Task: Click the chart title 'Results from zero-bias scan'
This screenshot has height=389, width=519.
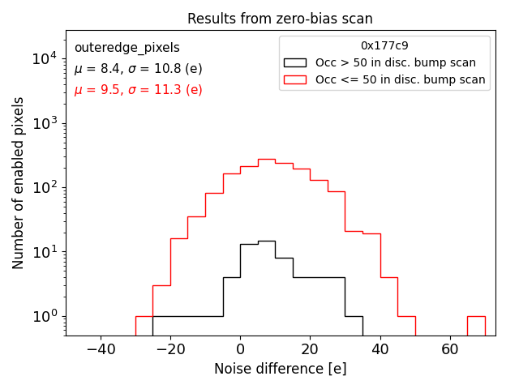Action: [x=280, y=19]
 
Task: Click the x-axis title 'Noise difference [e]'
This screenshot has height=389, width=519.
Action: [x=280, y=369]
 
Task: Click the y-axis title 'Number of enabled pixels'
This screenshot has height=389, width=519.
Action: [x=18, y=183]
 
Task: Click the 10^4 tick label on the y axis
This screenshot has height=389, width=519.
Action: [x=44, y=59]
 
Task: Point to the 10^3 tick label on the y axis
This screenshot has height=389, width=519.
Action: [x=44, y=123]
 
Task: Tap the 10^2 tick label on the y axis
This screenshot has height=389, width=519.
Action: [x=44, y=187]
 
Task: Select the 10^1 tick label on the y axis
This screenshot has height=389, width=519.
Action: [x=44, y=252]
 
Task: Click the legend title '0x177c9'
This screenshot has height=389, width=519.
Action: [x=384, y=46]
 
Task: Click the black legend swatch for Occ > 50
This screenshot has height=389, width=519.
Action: [x=296, y=62]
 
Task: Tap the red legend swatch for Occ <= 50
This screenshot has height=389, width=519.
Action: [x=296, y=79]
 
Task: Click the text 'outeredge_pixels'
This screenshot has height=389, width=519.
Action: [x=127, y=48]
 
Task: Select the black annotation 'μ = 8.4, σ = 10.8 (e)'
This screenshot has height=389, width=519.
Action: [x=138, y=69]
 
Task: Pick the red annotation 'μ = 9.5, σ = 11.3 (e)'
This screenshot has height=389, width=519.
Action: [x=138, y=90]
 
